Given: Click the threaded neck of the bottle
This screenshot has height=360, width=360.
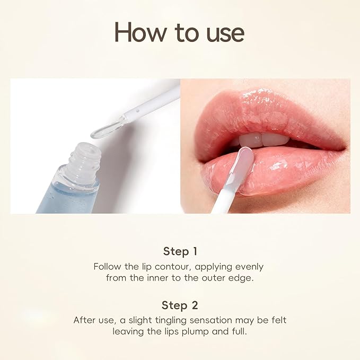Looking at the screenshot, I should [x=86, y=154].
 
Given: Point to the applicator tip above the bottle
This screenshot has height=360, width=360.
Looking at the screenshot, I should [x=105, y=128].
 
